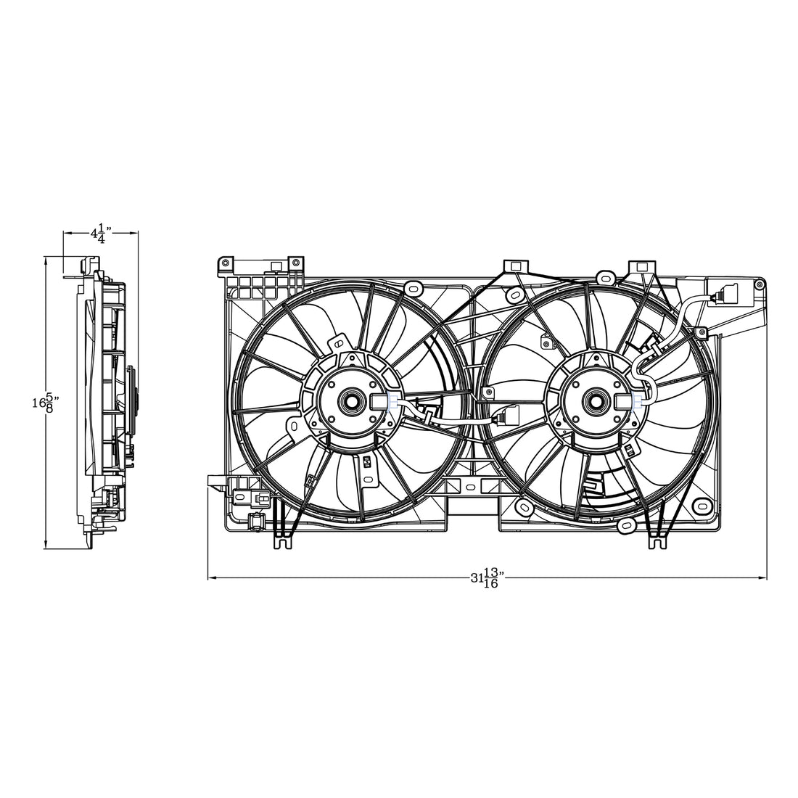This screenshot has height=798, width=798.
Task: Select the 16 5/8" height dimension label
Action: click(x=44, y=403)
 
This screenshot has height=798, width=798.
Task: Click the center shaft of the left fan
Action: click(x=351, y=400)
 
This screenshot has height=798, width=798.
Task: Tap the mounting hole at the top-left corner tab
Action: click(x=225, y=262)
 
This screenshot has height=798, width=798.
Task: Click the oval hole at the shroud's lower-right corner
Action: click(x=701, y=505)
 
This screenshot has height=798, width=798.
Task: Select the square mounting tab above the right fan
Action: click(x=642, y=267)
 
